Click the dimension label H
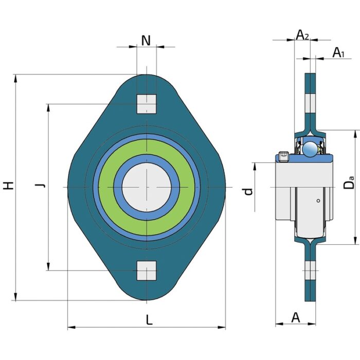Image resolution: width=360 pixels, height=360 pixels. coord(8,186)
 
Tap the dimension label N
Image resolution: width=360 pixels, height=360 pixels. coord(146,41)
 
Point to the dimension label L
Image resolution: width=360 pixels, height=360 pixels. coord(149,320)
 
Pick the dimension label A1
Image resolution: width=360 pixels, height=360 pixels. coord(338,52)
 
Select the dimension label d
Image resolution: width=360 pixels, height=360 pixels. coord(248,191)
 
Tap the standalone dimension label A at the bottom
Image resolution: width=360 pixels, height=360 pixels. coord(296,317)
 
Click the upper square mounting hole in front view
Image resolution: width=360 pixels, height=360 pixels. coord(147,104)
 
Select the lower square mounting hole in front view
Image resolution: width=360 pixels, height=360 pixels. coord(147,270)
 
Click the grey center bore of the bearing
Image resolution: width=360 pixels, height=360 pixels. coord(147,187)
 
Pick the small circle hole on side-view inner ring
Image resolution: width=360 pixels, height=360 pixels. coord(319,201)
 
